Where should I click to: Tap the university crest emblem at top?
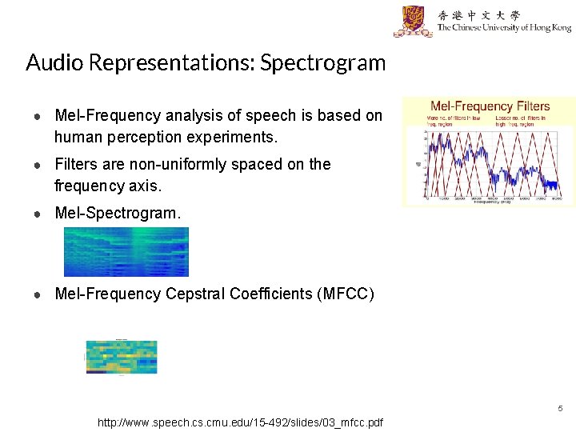pyautogui.click(x=413, y=22)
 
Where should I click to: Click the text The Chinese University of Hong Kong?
pyautogui.click(x=504, y=29)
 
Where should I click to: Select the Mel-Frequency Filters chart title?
pyautogui.click(x=490, y=106)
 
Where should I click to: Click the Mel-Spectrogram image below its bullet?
pyautogui.click(x=126, y=251)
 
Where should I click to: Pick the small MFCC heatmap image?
pyautogui.click(x=122, y=357)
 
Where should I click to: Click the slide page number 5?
pyautogui.click(x=560, y=409)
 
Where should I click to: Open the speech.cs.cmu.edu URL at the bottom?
pyautogui.click(x=240, y=422)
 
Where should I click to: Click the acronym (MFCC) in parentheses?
pyautogui.click(x=346, y=294)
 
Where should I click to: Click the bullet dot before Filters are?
pyautogui.click(x=38, y=165)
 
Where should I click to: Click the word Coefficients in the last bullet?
pyautogui.click(x=271, y=294)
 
